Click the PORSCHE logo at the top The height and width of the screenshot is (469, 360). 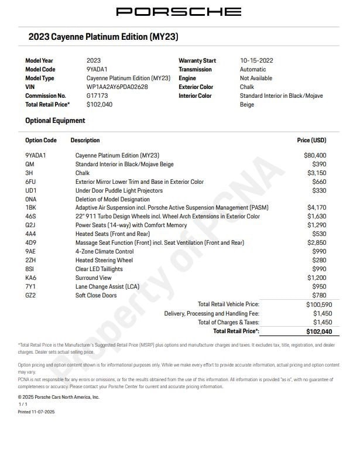(179, 11)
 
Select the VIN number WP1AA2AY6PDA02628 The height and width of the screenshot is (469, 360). (117, 87)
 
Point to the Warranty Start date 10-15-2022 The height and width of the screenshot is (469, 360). (256, 60)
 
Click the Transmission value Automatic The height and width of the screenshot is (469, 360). (253, 69)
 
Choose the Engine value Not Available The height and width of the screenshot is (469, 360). (256, 78)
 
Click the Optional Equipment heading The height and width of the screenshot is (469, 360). (55, 121)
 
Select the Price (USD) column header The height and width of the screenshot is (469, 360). (311, 141)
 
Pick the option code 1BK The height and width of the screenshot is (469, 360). (30, 208)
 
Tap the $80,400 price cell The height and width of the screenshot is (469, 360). (315, 156)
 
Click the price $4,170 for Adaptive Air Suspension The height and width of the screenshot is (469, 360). (317, 208)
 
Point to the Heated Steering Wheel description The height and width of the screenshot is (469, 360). (104, 260)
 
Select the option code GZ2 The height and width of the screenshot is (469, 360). (30, 295)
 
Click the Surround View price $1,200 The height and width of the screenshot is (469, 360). (317, 278)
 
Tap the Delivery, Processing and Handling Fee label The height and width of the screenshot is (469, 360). (211, 313)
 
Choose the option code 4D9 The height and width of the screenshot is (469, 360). (31, 242)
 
